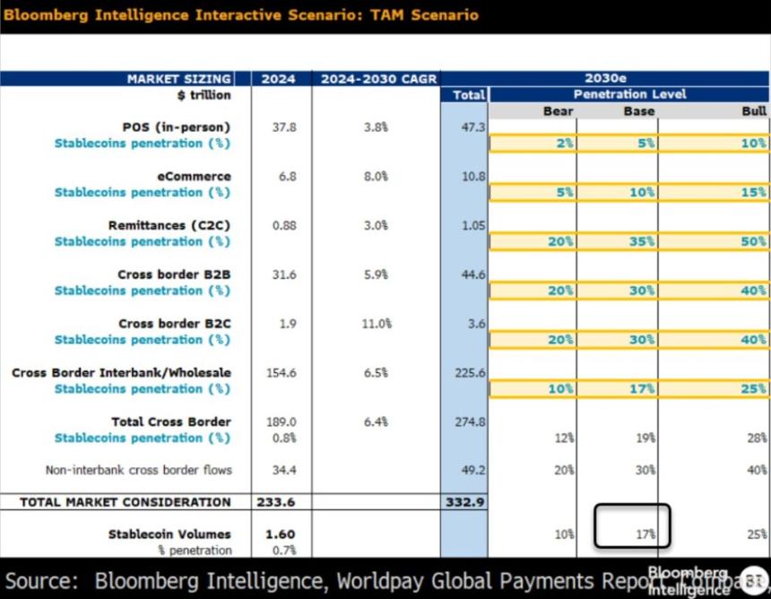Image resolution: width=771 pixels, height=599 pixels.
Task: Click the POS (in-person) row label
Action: [x=176, y=127]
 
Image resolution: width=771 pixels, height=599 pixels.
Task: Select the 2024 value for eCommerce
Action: [x=287, y=177]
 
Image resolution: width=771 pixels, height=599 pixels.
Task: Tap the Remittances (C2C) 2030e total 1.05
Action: [x=473, y=226]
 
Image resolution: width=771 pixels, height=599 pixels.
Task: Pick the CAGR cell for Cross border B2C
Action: [x=376, y=324]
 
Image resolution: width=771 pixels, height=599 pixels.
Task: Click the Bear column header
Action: [x=559, y=111]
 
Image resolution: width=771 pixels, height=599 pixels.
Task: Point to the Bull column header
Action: [x=754, y=111]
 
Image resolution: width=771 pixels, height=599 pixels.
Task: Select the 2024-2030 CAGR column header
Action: [x=377, y=79]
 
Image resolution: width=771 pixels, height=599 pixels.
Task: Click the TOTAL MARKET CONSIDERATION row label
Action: [x=125, y=502]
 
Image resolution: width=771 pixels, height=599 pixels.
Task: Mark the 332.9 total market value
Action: [x=464, y=502]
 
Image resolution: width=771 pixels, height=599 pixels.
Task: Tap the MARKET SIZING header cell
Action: [x=178, y=79]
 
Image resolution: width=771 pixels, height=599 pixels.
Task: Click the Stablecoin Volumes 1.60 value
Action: [x=281, y=534]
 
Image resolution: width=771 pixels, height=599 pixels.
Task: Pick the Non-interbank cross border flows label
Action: [x=138, y=470]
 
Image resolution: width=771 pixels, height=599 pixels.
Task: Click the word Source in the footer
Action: [x=39, y=579]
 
